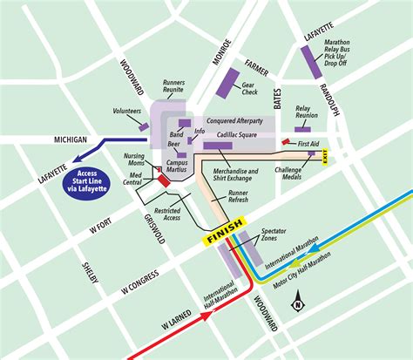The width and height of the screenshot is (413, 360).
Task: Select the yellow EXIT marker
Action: (325, 157)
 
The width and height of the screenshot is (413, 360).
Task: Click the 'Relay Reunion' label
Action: (306, 113)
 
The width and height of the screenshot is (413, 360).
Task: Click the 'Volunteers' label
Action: (127, 112)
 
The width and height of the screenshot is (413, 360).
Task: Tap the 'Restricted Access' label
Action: (167, 214)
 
